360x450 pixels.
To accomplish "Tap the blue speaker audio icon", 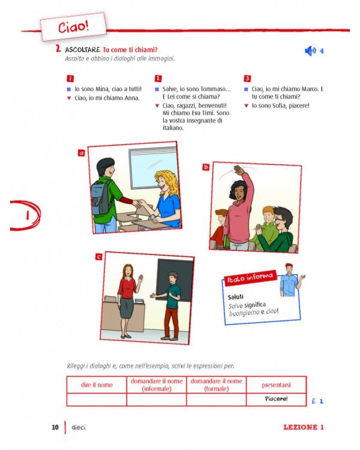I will tap(310, 51).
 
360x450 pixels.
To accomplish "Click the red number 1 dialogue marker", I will tap(70, 79).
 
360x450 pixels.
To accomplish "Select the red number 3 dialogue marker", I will tap(247, 79).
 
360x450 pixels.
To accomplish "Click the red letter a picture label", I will tap(81, 153).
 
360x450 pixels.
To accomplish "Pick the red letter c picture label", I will tap(98, 257).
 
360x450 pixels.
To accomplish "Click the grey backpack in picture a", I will tap(99, 195).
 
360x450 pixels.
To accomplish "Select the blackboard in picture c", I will tap(175, 279).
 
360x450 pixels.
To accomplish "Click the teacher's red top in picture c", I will tap(127, 287).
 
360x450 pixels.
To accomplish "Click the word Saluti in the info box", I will tap(236, 296).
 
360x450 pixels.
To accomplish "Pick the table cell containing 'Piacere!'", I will tap(276, 399).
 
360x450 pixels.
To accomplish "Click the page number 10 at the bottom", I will tap(55, 427).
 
